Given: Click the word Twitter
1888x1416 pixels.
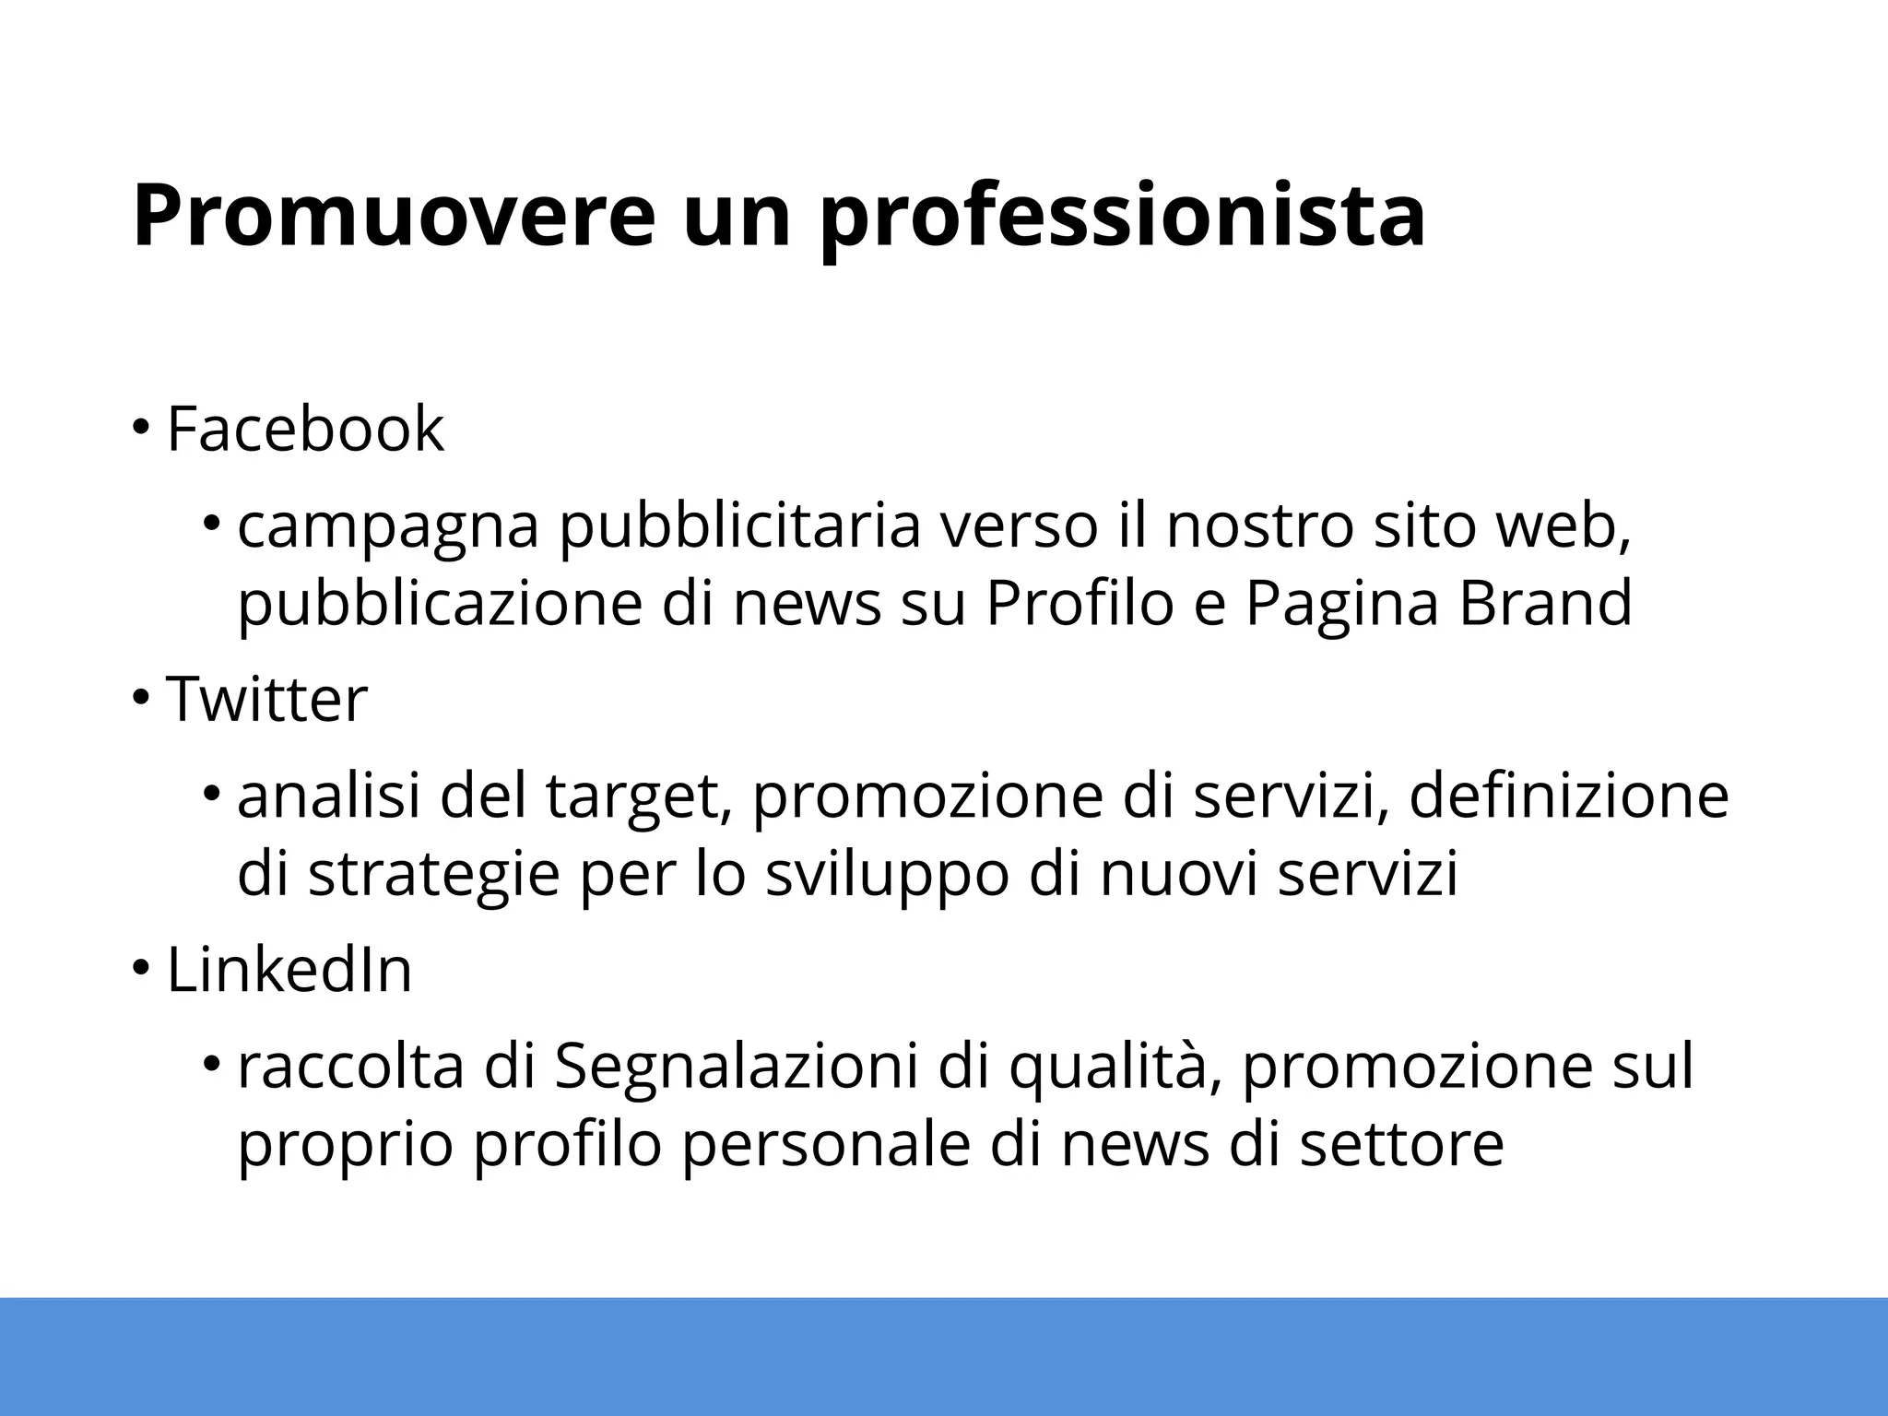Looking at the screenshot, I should click(266, 700).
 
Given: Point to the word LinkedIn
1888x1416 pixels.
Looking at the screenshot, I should click(289, 971).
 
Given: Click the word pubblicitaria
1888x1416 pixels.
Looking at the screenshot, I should click(740, 530).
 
